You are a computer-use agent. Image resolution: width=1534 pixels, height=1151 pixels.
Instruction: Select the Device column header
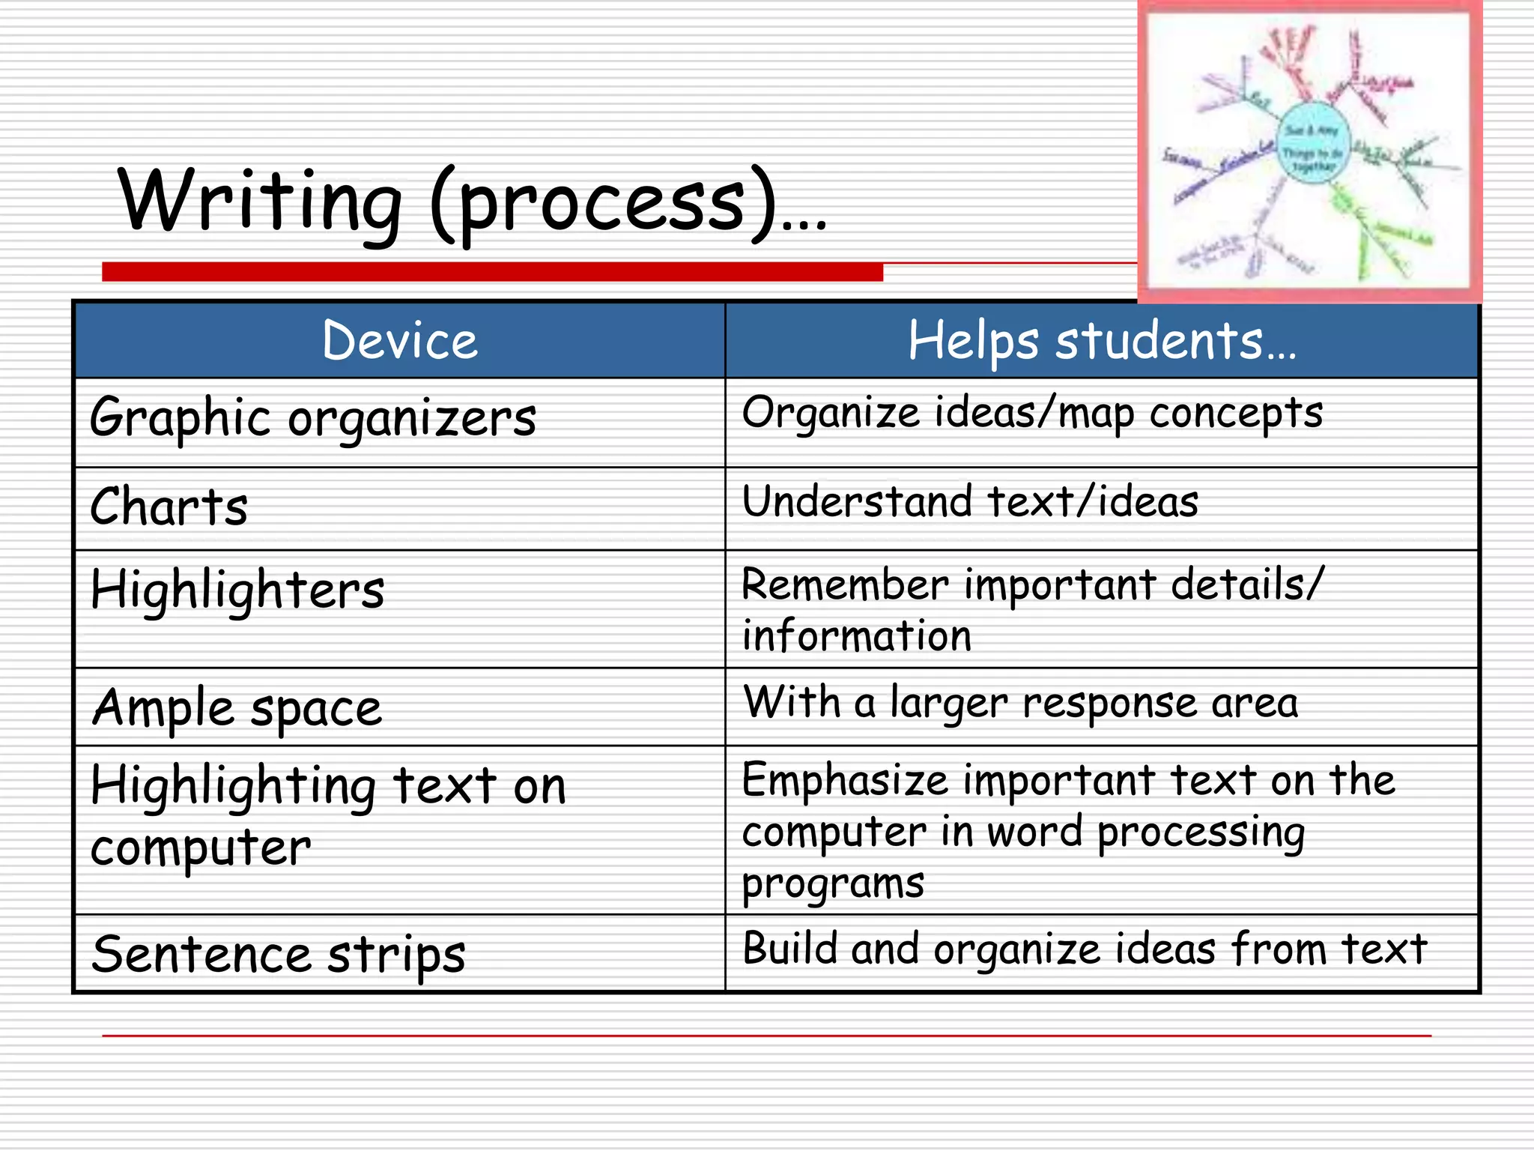399,341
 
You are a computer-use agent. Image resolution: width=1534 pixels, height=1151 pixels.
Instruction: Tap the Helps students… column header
1101,341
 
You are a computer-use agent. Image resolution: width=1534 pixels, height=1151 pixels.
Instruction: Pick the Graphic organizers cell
312,417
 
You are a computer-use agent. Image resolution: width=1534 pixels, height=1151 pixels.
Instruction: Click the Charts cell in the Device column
169,507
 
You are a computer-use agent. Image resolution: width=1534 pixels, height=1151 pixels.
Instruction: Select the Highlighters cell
237,590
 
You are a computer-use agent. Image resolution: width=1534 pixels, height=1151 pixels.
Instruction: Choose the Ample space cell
237,708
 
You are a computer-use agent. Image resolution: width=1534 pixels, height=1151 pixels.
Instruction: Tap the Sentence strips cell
278,954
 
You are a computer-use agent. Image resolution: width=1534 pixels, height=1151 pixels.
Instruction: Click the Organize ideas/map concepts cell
1032,413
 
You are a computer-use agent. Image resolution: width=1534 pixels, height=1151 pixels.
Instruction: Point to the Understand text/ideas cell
970,501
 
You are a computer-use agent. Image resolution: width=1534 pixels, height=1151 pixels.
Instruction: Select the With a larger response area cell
1020,703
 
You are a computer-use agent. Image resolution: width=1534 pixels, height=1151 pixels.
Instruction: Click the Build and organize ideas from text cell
1085,949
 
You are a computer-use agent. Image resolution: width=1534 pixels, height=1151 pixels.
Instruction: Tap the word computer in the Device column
201,849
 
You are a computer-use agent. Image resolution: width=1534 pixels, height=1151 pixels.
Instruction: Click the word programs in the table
833,884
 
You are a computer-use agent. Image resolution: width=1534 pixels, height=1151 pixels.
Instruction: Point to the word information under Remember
857,636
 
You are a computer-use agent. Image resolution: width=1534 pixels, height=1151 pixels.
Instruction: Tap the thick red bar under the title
492,272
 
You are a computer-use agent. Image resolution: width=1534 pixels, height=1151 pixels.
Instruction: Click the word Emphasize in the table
845,780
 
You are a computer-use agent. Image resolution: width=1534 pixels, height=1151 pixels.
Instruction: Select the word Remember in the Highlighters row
845,584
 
